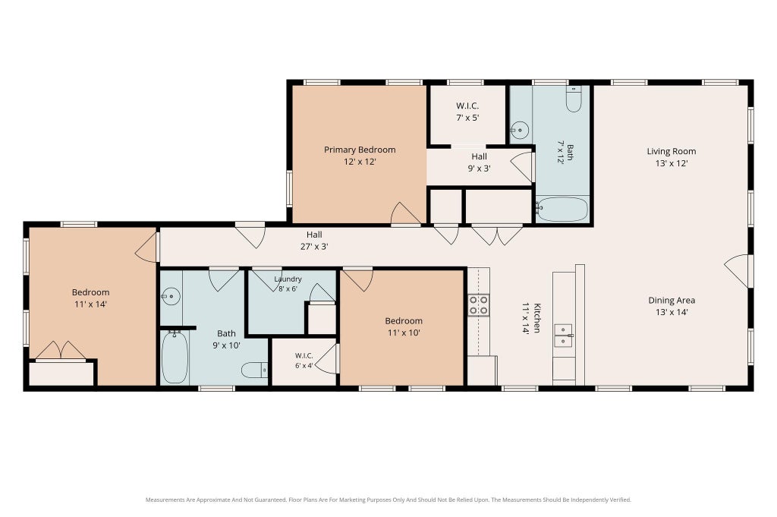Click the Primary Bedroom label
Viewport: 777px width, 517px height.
coord(360,150)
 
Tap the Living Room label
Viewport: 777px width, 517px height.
coord(672,151)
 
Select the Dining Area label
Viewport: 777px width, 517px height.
coord(672,300)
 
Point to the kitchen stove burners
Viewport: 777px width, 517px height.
coord(479,305)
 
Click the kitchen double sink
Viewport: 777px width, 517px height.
coord(564,335)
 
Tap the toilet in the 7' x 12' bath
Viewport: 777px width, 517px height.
coord(574,99)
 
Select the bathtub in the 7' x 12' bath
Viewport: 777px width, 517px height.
coord(563,210)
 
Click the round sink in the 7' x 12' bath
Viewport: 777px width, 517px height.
coord(520,131)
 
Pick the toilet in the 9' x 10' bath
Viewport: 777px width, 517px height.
coord(255,370)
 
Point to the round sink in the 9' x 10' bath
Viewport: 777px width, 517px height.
coord(171,296)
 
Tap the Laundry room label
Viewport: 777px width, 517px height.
coord(288,279)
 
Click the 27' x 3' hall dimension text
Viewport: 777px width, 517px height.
coord(314,247)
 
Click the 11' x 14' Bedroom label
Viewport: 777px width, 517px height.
coord(91,292)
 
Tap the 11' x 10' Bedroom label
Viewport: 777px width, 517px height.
coord(404,320)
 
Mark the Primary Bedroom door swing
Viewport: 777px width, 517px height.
coord(406,213)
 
